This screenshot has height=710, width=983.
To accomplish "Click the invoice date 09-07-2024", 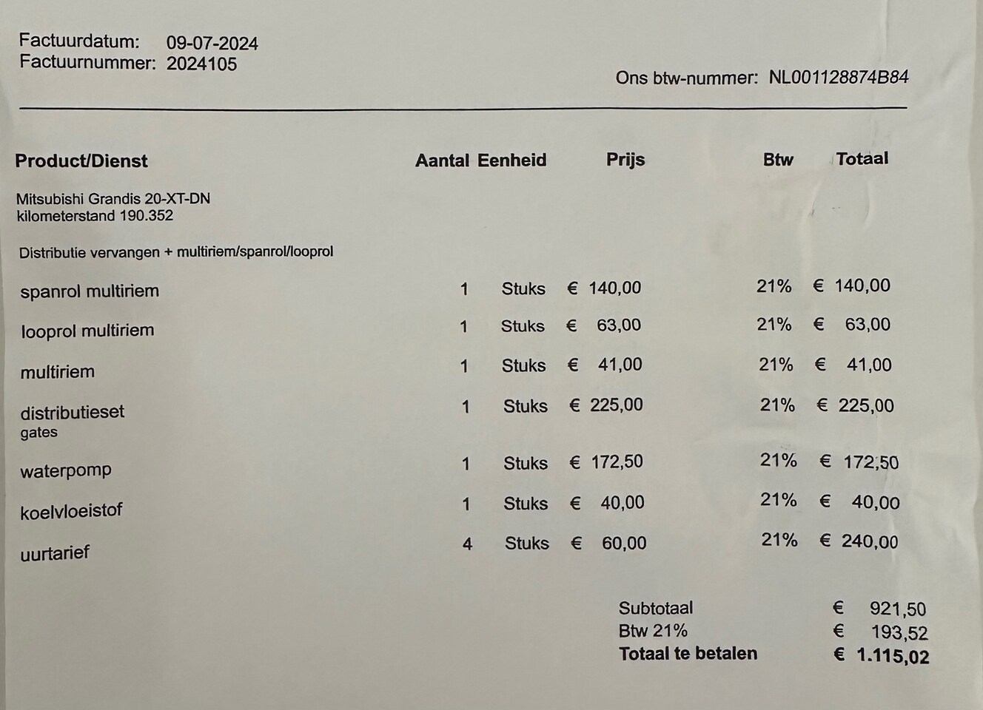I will pos(212,43).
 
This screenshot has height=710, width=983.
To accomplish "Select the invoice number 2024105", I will pos(201,64).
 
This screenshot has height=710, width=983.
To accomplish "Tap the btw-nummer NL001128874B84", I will pos(838,77).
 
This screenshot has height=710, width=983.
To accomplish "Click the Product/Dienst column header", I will pos(81,161).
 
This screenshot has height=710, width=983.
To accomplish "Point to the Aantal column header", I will pos(442,160).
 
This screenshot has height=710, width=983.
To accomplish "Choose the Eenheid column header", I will pos(511,160).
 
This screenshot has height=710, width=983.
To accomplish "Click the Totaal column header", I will pos(862,158).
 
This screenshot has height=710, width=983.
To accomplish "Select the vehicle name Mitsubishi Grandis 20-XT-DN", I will pos(113,199).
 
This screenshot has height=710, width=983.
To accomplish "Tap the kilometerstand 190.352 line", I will pos(95,216).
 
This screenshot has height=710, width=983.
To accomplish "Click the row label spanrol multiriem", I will pos(90,291).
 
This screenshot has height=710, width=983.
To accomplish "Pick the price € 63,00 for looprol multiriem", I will pos(604,325).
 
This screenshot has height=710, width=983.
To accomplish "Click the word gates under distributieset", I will pos(38,433).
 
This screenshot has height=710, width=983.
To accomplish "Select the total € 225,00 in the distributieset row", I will pos(855,405).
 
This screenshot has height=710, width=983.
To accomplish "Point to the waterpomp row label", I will pos(66,470).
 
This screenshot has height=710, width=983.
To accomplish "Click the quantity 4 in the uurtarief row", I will pos(467,544).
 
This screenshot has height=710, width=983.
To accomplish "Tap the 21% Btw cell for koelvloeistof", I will pos(778,501).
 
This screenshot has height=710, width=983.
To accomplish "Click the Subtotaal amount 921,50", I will pos(897,609).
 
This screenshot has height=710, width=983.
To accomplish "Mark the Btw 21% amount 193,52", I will pos(899,633).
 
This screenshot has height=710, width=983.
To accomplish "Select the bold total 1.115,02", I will pos(893,656).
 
